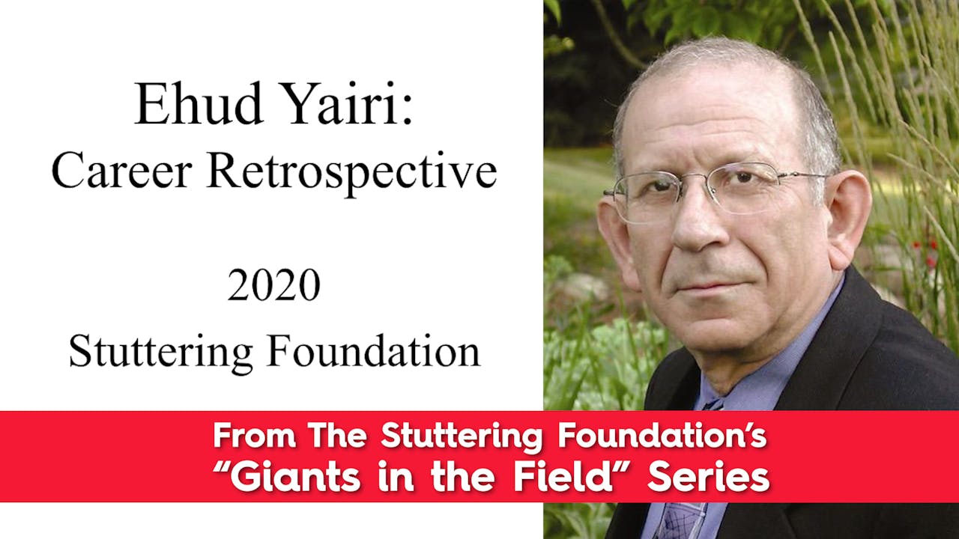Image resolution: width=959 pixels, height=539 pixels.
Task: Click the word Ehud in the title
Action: point(193,104)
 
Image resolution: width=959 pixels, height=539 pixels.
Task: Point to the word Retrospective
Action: point(352,173)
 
